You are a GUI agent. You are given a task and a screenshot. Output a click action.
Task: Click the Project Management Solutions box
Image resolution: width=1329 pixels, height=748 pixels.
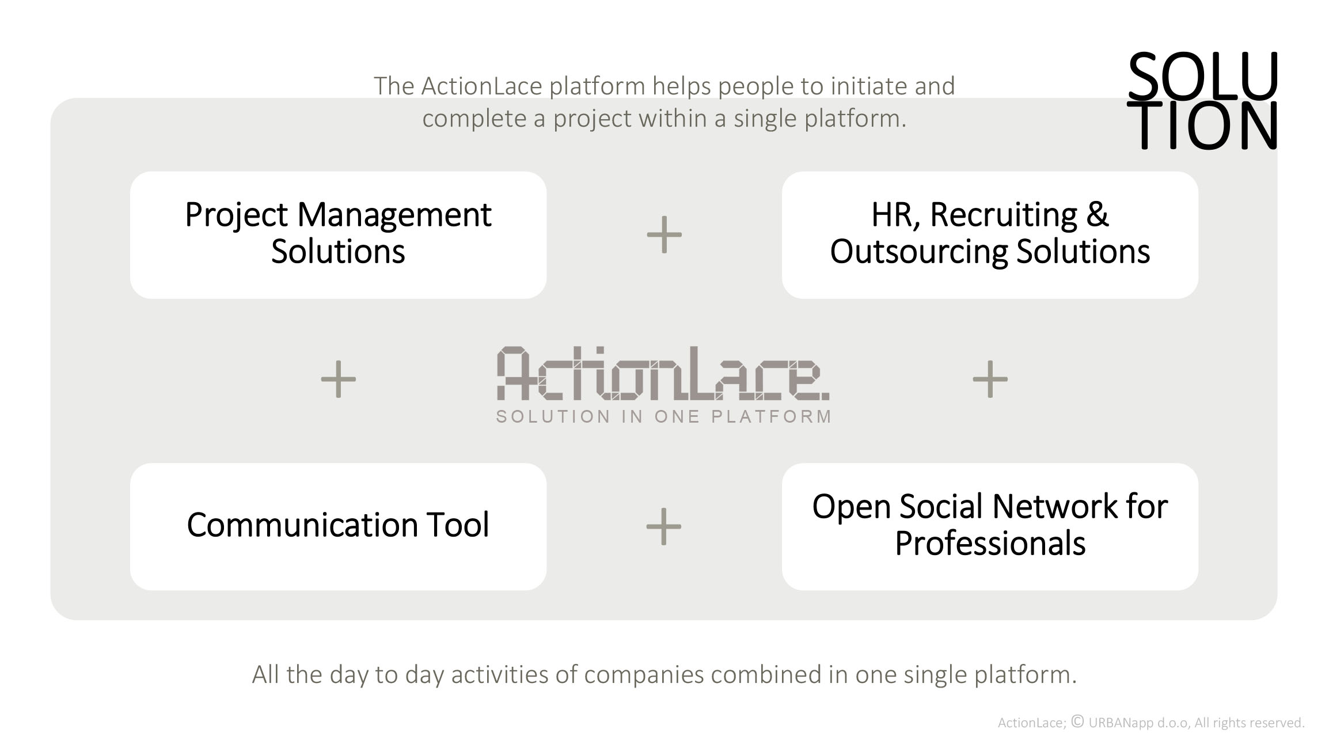338,235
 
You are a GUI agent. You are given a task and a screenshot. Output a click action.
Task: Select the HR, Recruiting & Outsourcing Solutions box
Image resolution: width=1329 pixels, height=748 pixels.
990,235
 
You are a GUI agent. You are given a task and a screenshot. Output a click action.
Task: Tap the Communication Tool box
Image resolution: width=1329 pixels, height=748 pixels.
338,526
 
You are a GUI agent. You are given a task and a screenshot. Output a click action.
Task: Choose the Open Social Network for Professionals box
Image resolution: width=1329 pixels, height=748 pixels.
990,526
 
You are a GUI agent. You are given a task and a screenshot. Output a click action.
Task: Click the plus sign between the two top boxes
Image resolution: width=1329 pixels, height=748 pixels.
664,234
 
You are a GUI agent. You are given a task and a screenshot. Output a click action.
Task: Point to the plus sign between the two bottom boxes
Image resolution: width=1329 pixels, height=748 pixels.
664,526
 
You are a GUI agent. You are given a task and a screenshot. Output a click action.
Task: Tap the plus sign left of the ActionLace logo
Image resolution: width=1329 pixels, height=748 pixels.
338,379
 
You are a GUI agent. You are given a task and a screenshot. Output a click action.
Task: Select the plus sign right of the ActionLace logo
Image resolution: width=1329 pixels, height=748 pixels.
990,379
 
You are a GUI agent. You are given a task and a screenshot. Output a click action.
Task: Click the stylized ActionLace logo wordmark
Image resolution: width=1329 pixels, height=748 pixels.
663,373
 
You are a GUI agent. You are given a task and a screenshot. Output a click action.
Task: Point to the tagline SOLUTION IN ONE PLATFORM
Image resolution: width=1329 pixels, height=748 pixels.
664,416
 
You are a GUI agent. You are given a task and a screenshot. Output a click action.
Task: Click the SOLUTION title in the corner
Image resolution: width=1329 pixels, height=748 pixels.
1202,100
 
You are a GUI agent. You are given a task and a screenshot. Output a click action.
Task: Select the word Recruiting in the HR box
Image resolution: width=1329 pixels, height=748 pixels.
1004,215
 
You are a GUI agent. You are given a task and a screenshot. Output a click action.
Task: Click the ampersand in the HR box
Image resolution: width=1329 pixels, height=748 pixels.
1098,214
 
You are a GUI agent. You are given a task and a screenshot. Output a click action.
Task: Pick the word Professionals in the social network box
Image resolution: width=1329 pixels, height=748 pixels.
990,544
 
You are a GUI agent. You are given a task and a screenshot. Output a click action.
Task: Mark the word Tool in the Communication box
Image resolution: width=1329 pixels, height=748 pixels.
457,525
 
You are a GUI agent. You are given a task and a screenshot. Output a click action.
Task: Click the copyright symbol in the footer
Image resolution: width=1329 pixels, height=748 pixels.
1077,721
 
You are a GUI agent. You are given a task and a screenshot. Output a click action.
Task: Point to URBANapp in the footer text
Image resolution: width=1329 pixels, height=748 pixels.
1121,723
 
